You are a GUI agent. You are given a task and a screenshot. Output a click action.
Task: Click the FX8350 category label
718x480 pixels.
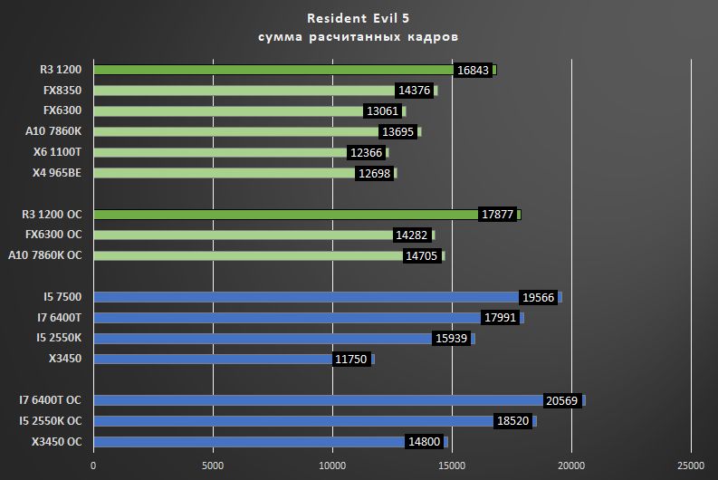(61, 91)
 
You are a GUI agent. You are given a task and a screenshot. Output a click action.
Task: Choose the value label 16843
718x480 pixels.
(472, 70)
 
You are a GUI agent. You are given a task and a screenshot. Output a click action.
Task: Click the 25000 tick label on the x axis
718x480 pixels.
(690, 466)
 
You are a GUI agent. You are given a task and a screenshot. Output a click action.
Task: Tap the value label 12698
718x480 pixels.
(374, 173)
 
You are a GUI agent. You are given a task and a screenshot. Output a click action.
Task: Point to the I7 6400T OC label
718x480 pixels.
(51, 400)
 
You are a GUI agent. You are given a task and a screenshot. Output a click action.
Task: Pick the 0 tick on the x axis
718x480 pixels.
(93, 466)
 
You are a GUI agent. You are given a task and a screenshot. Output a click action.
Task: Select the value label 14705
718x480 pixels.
(421, 256)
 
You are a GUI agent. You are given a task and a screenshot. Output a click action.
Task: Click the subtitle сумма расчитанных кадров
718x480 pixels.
(359, 37)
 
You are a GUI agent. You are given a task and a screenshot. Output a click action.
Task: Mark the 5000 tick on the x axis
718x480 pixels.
(213, 466)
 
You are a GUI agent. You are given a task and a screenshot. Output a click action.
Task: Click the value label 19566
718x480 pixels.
(539, 297)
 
